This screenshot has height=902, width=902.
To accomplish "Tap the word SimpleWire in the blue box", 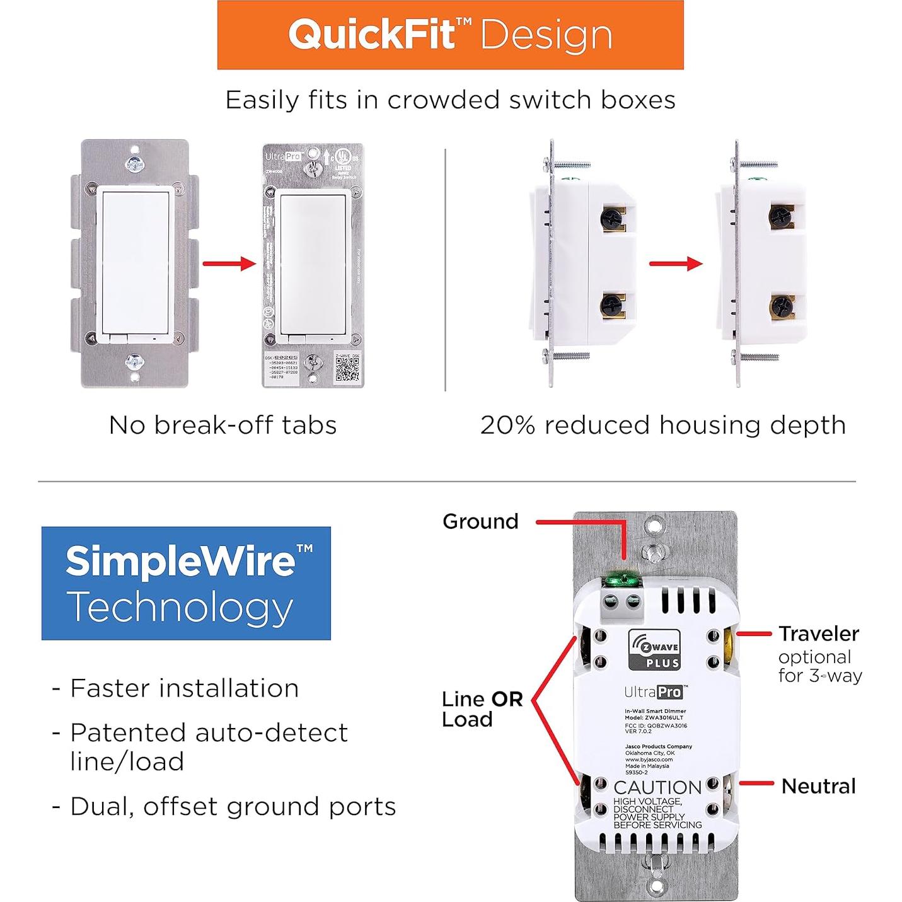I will [x=180, y=560].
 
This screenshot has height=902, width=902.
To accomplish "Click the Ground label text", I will [x=480, y=522].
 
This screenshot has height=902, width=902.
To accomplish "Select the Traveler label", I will [x=819, y=633].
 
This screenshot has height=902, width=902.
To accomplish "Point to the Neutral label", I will [x=818, y=786].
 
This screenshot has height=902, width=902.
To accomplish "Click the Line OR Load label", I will [x=482, y=709].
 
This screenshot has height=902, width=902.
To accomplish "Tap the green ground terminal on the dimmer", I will [x=621, y=577].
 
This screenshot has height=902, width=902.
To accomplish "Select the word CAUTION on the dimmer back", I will [x=657, y=787].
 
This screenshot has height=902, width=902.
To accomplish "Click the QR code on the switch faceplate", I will [x=347, y=368].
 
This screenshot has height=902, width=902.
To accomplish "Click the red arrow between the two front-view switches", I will [x=229, y=263].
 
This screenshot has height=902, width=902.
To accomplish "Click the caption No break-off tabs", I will [x=223, y=425].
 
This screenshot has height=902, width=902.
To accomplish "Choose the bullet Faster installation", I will [x=184, y=688].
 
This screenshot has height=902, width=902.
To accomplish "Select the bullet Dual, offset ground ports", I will [x=233, y=807].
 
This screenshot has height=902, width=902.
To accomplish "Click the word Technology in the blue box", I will [x=180, y=607].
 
